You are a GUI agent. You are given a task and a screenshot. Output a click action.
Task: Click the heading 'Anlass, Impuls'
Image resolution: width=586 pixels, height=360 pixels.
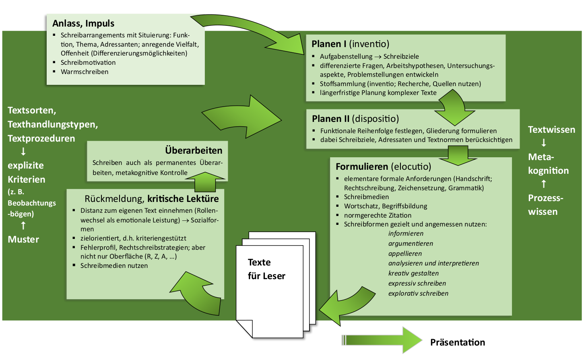point(83,23)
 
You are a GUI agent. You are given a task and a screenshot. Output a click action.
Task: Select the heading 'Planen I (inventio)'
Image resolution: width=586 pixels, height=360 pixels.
point(350,44)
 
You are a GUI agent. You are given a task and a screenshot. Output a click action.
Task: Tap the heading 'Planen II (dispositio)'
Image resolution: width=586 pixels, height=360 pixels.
point(355,119)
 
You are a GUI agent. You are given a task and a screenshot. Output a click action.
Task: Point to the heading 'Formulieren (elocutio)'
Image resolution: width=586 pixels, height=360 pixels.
point(383,167)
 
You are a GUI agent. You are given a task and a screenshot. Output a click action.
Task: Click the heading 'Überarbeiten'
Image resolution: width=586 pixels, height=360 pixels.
point(194,150)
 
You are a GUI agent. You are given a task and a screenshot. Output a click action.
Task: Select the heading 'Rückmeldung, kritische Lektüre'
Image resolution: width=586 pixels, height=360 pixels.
point(151,199)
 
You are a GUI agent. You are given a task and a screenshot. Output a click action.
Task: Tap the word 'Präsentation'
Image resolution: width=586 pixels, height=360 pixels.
point(457,342)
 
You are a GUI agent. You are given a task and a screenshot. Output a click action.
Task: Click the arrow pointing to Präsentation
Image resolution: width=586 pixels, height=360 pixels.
point(382,340)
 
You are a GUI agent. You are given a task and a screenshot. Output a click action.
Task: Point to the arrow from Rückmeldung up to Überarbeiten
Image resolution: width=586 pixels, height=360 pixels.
point(205,182)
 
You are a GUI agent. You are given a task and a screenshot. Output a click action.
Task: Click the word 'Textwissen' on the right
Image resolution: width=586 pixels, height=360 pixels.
point(551,130)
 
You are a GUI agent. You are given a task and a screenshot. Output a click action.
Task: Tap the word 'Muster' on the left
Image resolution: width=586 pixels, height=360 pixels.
point(23,239)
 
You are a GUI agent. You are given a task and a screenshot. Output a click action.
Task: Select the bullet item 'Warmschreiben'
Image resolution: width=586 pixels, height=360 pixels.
point(85,72)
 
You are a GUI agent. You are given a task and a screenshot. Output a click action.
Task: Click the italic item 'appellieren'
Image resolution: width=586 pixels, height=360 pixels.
point(405,253)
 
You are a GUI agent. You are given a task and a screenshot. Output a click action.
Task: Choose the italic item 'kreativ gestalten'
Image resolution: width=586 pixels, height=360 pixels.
point(413,273)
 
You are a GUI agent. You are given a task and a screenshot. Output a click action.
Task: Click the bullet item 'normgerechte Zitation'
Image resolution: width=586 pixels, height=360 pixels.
point(378,215)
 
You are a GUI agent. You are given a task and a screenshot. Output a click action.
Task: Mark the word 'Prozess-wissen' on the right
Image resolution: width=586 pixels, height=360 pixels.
point(545,205)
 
